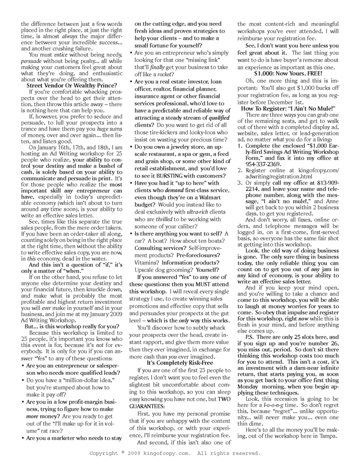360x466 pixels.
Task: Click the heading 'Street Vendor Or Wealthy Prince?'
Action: click(68, 85)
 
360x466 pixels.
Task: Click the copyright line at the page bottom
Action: click(176, 453)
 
